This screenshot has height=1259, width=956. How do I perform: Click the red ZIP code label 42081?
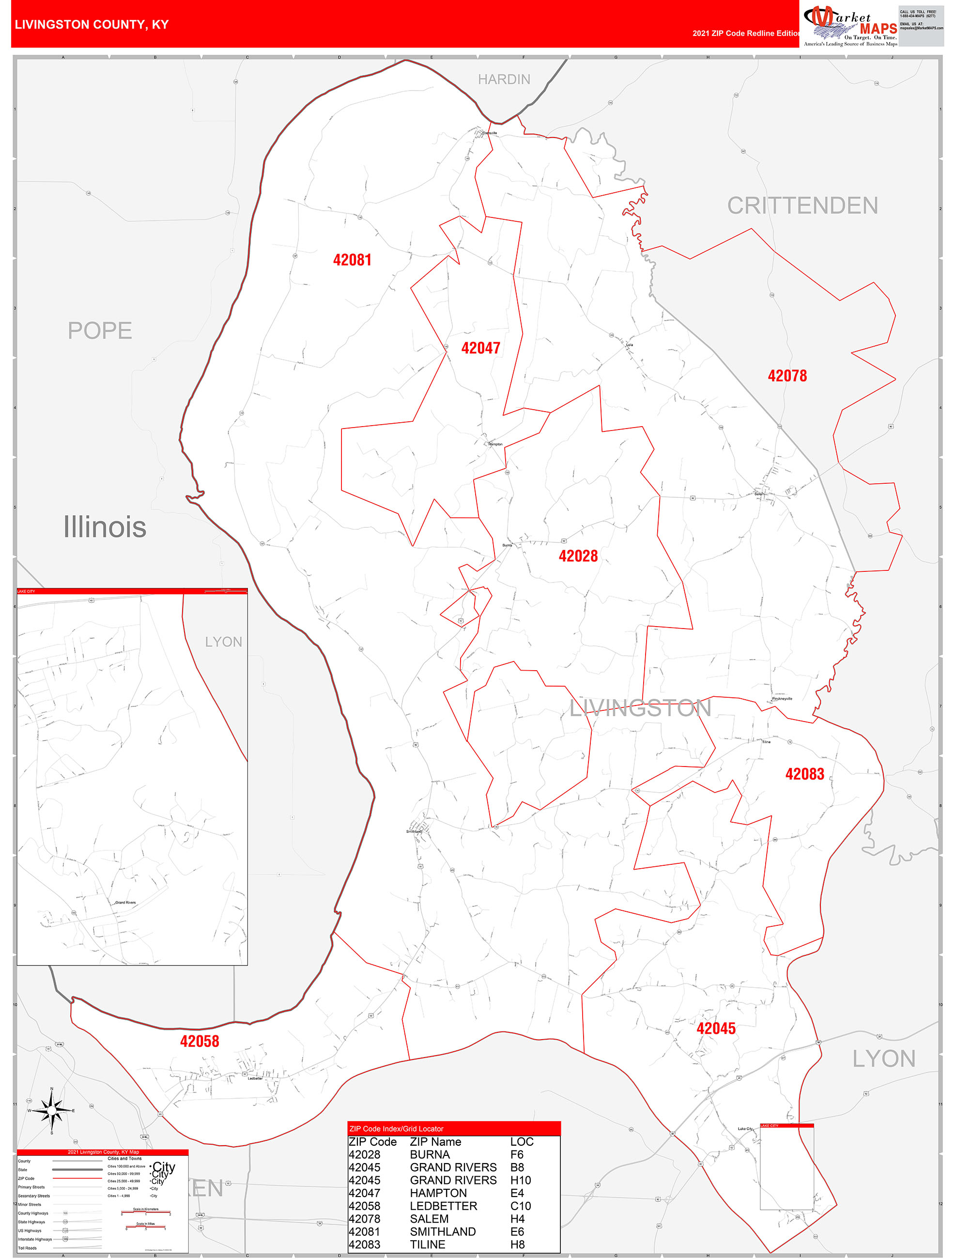[352, 260]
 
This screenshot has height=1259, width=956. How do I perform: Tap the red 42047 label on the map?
[480, 348]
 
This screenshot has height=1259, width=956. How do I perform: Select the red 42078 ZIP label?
[787, 376]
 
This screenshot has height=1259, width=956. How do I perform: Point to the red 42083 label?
[804, 774]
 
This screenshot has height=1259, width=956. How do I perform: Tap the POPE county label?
[100, 331]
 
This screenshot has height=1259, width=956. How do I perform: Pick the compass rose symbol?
[52, 1110]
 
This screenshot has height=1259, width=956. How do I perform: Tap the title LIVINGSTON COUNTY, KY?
[92, 25]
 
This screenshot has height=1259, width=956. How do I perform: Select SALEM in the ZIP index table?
[429, 1219]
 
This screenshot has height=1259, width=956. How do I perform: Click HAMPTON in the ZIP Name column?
[438, 1193]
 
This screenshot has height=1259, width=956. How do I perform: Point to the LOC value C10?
[521, 1206]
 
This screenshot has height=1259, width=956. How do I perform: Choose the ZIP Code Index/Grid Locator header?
[396, 1129]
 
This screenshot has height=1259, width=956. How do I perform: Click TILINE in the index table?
[427, 1245]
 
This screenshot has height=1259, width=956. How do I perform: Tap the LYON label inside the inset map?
[223, 642]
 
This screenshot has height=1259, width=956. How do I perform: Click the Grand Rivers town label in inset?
[125, 903]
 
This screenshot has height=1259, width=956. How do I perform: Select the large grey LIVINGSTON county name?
[640, 708]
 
